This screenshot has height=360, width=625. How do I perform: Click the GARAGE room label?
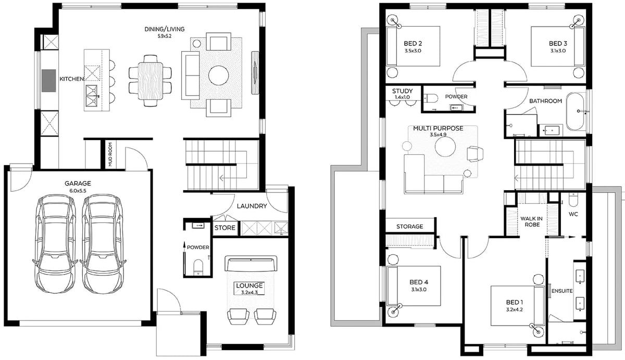tap(78, 183)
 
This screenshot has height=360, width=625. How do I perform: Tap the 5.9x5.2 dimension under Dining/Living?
tap(165, 36)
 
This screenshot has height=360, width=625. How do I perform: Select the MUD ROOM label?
tap(110, 155)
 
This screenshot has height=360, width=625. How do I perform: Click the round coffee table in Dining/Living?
tap(218, 76)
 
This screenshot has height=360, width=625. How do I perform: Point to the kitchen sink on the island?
tap(92, 96)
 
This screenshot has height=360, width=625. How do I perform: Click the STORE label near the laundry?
tap(225, 228)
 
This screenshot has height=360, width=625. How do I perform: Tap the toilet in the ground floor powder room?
tap(198, 268)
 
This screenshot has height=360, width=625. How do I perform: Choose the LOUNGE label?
tap(249, 285)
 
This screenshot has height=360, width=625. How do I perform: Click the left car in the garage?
tap(56, 243)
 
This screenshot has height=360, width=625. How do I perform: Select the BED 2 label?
tap(413, 44)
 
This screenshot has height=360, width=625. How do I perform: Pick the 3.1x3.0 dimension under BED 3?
tap(558, 51)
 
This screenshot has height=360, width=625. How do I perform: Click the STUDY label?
tap(402, 91)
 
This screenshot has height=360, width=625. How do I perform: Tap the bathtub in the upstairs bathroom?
tap(575, 111)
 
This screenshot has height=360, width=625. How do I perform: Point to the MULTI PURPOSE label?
tap(438, 128)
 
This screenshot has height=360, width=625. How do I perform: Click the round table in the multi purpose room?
tap(445, 147)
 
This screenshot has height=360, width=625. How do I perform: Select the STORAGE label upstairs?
tap(409, 226)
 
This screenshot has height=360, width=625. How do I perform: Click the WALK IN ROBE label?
tap(532, 221)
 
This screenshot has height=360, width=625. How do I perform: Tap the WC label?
tap(573, 214)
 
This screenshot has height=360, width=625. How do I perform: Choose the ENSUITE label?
tap(562, 291)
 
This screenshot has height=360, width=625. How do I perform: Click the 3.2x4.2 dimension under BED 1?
tap(515, 309)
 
